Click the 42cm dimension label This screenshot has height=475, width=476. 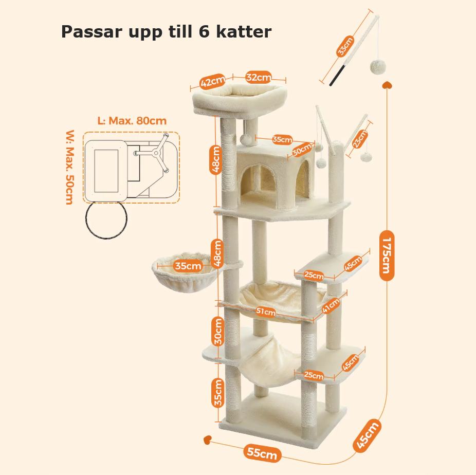click(212, 81)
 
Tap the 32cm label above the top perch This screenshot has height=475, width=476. click(259, 78)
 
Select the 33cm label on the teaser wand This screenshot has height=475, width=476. click(345, 46)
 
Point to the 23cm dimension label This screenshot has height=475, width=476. click(360, 139)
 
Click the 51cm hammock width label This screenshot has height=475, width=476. click(266, 312)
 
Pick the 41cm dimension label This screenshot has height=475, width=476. click(331, 305)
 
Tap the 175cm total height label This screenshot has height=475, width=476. click(387, 255)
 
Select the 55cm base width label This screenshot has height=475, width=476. click(262, 453)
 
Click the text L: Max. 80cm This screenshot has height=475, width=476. click(132, 121)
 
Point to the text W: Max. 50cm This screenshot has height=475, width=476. click(70, 167)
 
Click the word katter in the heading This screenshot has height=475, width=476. click(244, 31)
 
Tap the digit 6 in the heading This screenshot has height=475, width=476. click(204, 31)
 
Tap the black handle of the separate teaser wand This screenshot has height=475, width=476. click(338, 75)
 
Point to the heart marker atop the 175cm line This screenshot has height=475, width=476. click(387, 85)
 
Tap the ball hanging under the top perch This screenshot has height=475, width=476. click(245, 140)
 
